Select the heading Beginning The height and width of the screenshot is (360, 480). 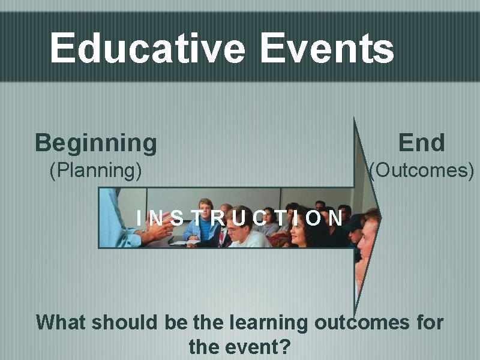point(96,143)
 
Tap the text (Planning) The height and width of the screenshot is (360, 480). point(96,171)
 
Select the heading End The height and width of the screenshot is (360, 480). point(422,143)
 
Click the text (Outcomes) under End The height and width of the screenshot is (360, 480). point(422,171)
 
